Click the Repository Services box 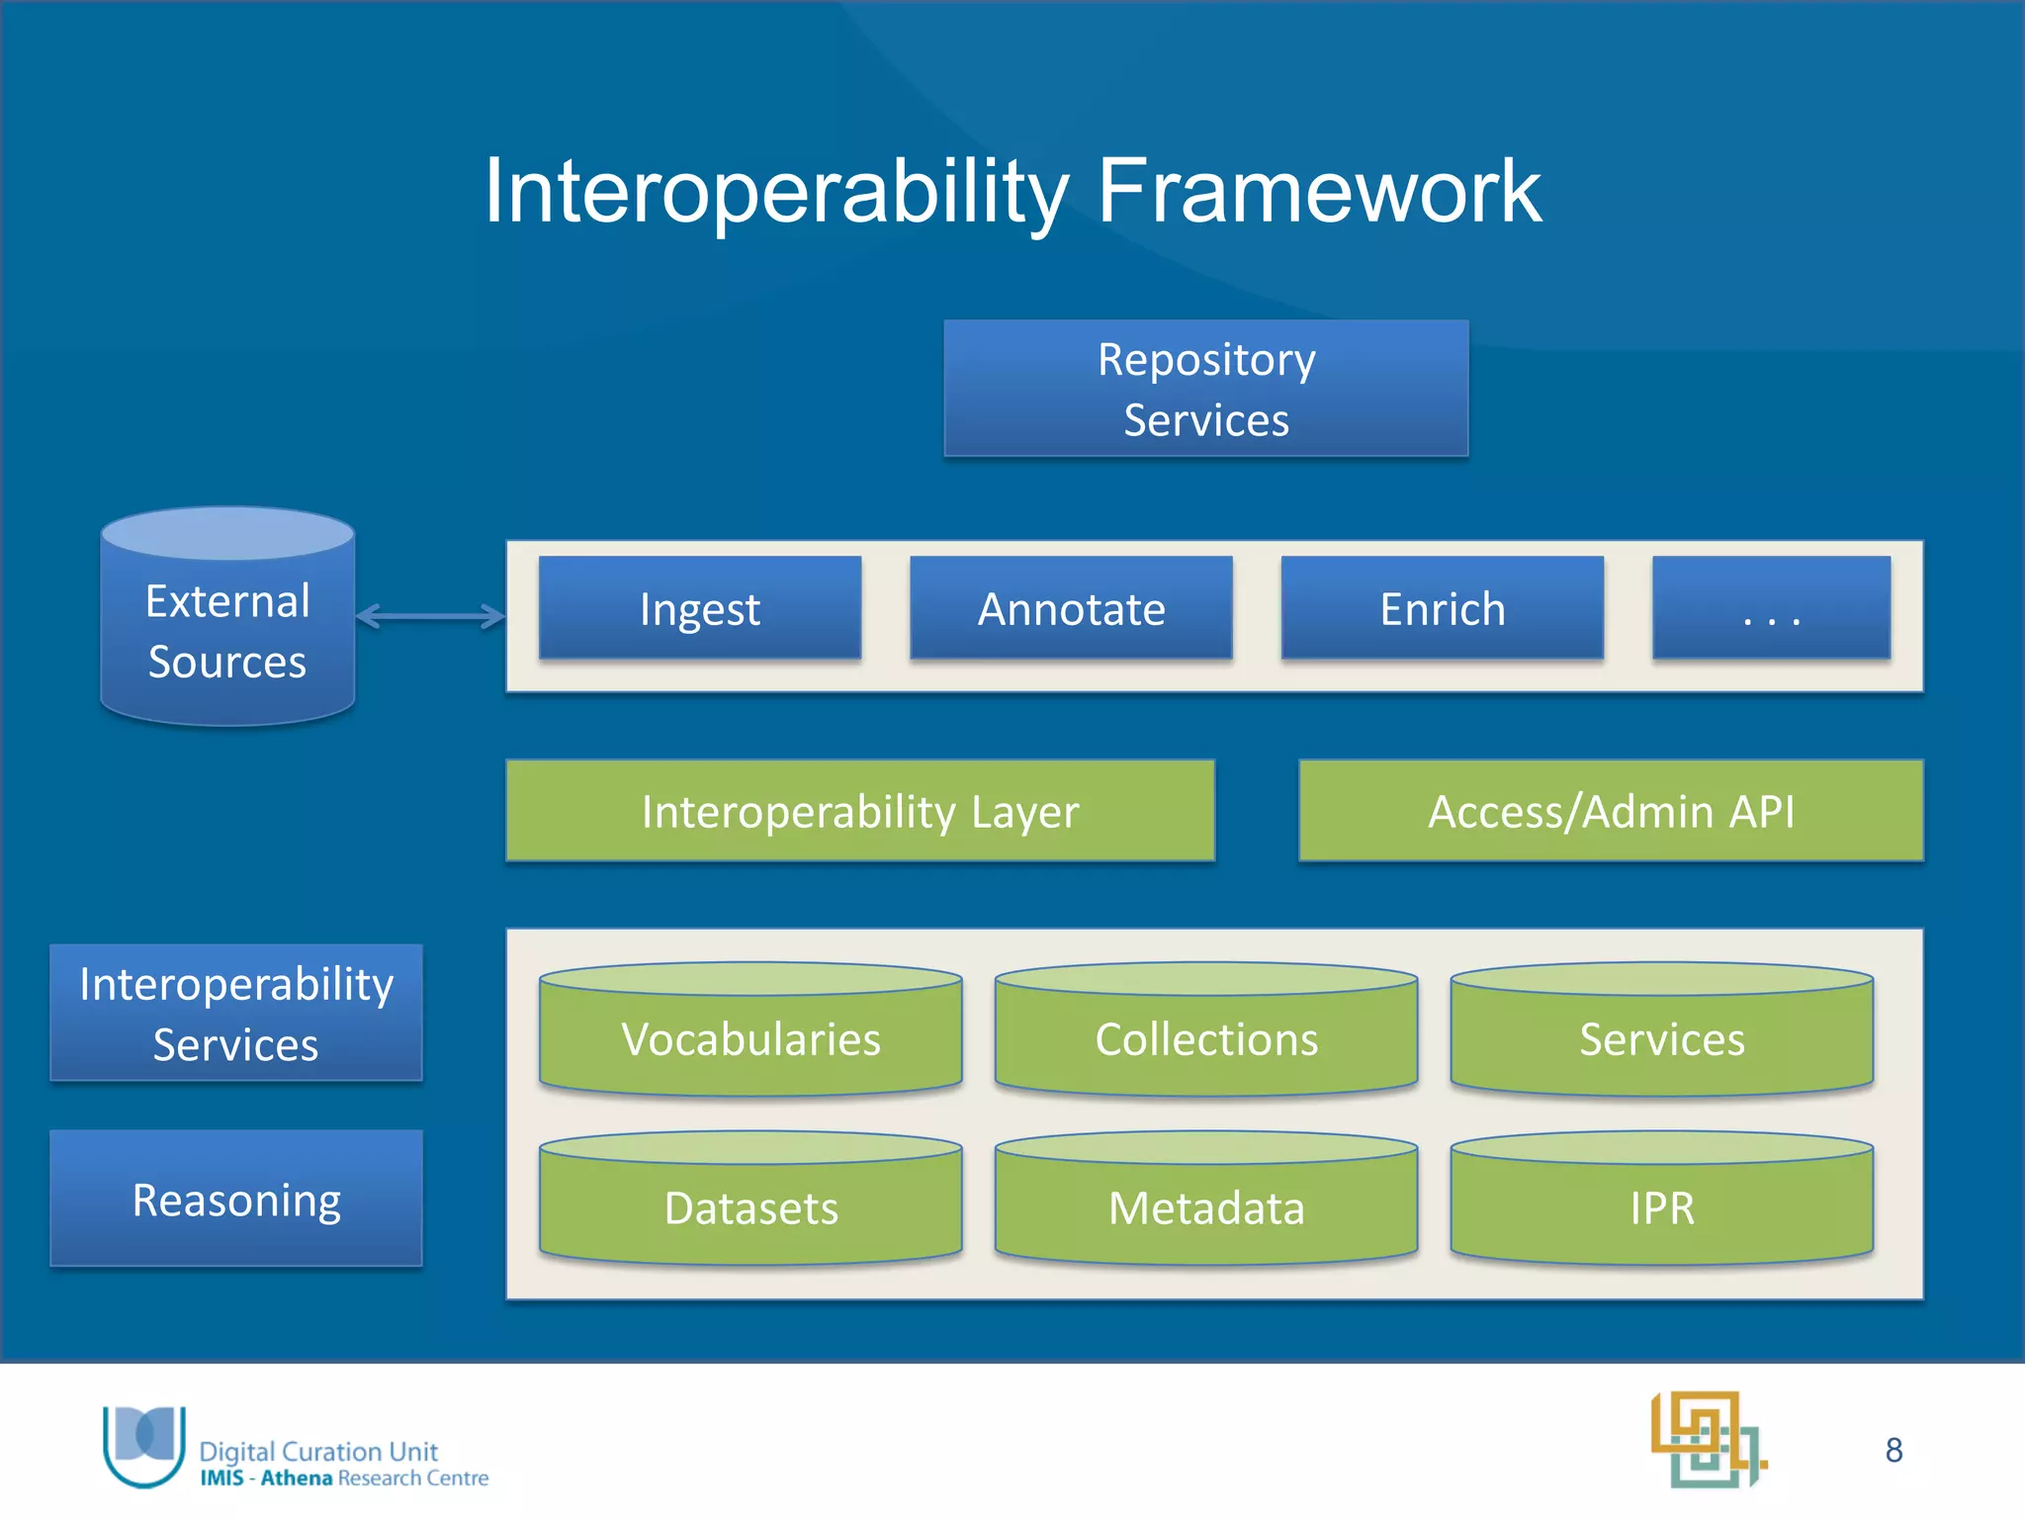click(1205, 388)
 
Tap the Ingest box click(700, 608)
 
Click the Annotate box click(1071, 608)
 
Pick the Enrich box click(1442, 608)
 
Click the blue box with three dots click(1771, 608)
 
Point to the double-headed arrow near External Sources click(430, 616)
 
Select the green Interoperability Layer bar click(859, 811)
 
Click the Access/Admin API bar click(1611, 811)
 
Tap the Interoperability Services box click(236, 1013)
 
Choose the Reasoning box click(236, 1199)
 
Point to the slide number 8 click(1893, 1450)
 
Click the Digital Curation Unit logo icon click(144, 1444)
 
